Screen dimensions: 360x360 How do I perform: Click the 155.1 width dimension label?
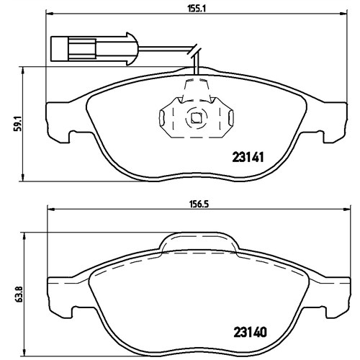(x=197, y=9)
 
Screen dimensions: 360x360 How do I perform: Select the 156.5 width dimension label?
(x=199, y=204)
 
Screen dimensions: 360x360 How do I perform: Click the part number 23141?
(x=248, y=158)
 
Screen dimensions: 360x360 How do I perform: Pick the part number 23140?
(x=250, y=333)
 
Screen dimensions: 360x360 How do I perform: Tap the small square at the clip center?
(x=196, y=117)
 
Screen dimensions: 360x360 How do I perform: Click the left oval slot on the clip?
(x=161, y=118)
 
